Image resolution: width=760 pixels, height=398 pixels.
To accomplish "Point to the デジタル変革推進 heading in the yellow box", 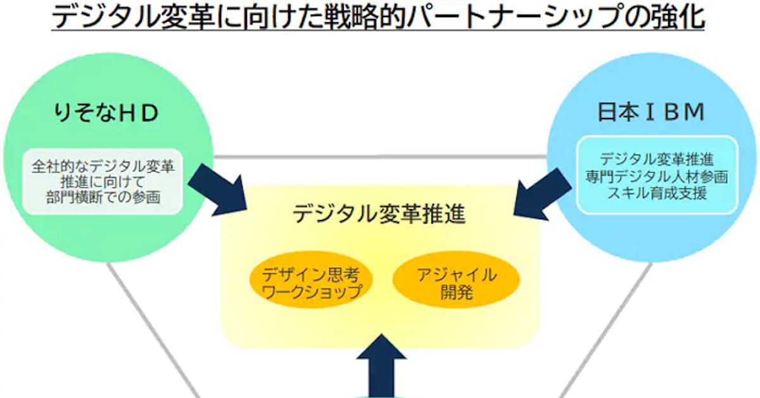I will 379,214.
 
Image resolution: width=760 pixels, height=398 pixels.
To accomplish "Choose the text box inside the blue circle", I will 657,174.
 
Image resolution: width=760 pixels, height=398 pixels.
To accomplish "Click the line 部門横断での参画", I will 103,197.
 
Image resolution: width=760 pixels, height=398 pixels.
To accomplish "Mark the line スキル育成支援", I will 657,192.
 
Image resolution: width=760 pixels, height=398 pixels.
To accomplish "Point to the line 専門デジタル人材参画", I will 657,176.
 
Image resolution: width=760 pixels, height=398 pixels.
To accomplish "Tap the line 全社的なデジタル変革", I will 103,167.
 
